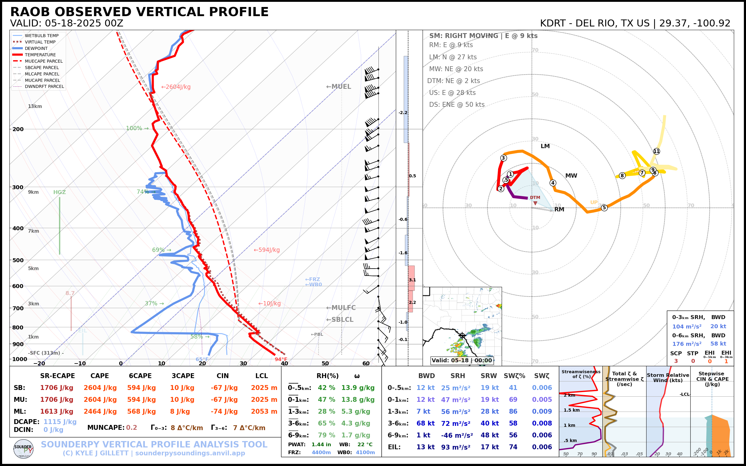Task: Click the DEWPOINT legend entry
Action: (36, 48)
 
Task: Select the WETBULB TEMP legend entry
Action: (42, 36)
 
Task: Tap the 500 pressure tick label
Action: (18, 260)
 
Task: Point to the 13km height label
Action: (35, 106)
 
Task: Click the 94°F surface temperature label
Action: (281, 359)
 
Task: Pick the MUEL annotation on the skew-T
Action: (339, 87)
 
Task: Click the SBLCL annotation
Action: (340, 320)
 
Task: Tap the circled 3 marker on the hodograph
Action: (504, 158)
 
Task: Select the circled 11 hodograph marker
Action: (657, 151)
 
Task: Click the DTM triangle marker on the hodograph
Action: (535, 203)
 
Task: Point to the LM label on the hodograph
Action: (545, 146)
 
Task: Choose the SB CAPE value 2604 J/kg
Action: (100, 388)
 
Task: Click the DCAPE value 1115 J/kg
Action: (60, 422)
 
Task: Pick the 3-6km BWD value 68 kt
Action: (425, 423)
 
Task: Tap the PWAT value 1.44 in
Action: (321, 444)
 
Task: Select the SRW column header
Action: (489, 376)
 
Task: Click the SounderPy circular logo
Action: (23, 449)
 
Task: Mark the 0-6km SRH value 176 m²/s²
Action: (687, 344)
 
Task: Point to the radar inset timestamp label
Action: (462, 360)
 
